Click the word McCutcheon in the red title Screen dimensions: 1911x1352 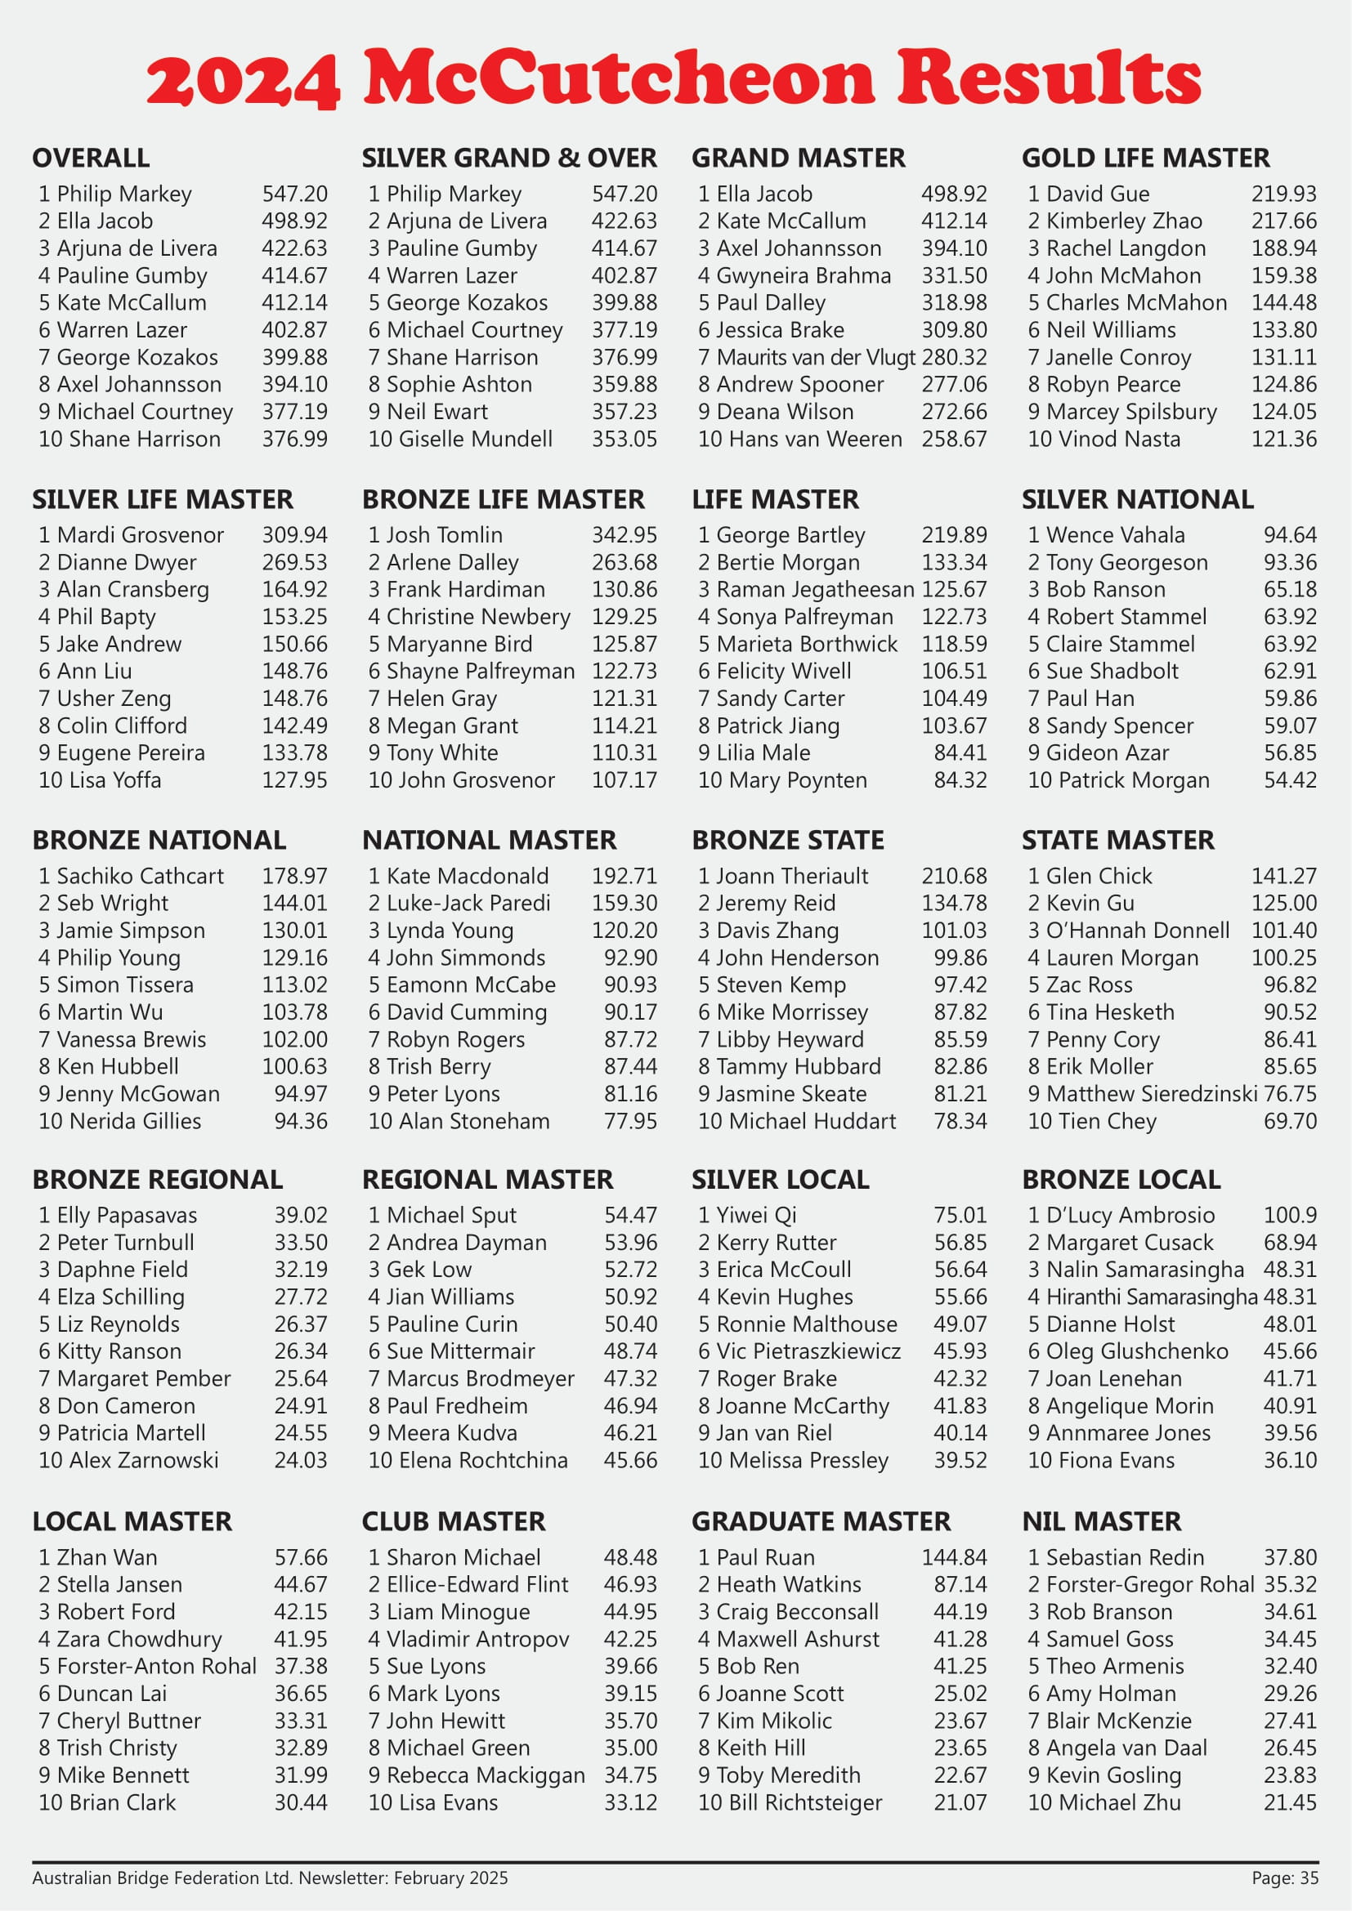coord(619,77)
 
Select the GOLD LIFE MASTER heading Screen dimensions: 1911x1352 coord(1145,159)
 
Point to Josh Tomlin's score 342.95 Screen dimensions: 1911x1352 coord(624,535)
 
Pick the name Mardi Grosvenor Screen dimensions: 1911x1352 coord(140,535)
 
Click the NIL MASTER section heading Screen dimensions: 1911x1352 coord(1100,1521)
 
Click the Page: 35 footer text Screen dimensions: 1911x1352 coord(1285,1878)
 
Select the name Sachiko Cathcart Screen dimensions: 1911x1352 coord(140,877)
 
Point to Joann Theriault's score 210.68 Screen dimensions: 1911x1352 coord(953,877)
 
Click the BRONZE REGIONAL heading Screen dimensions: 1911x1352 coord(157,1180)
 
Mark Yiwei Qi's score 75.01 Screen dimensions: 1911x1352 coord(960,1215)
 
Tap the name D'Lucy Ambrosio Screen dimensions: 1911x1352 coord(1130,1215)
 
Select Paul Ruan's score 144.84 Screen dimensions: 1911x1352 coord(953,1557)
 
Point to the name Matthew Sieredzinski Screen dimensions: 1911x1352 coord(1152,1094)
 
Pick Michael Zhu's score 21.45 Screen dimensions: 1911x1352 coord(1290,1803)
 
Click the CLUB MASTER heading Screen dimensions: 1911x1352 coord(454,1521)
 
